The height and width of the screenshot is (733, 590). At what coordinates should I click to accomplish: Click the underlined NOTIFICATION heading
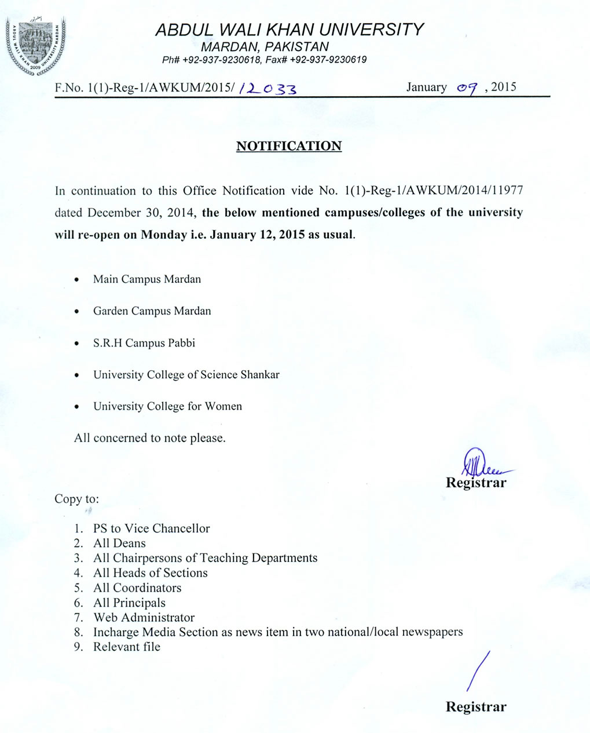[x=289, y=146]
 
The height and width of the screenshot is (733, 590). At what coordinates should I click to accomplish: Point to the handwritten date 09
[x=466, y=88]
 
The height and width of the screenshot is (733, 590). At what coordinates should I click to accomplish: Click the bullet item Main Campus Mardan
[x=147, y=279]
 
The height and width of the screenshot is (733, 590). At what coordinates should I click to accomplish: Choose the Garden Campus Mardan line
[x=152, y=311]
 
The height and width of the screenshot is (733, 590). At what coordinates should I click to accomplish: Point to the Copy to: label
[x=76, y=499]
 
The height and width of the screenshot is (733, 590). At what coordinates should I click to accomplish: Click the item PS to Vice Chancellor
[x=151, y=528]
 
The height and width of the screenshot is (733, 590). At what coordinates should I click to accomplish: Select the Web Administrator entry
[x=144, y=618]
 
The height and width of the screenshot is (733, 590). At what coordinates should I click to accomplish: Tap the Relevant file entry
[x=126, y=647]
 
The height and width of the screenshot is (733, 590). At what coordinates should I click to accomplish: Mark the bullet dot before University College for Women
[x=77, y=407]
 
